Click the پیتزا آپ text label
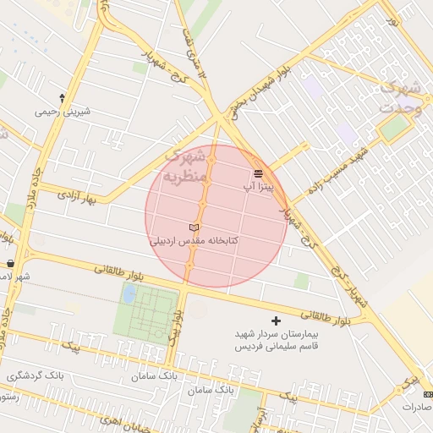258,186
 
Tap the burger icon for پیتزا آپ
258,173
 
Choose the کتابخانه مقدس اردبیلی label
195,241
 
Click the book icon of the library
195,228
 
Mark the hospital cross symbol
276,321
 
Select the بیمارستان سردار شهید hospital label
276,335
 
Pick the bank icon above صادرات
427,395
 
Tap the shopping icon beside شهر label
9,264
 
